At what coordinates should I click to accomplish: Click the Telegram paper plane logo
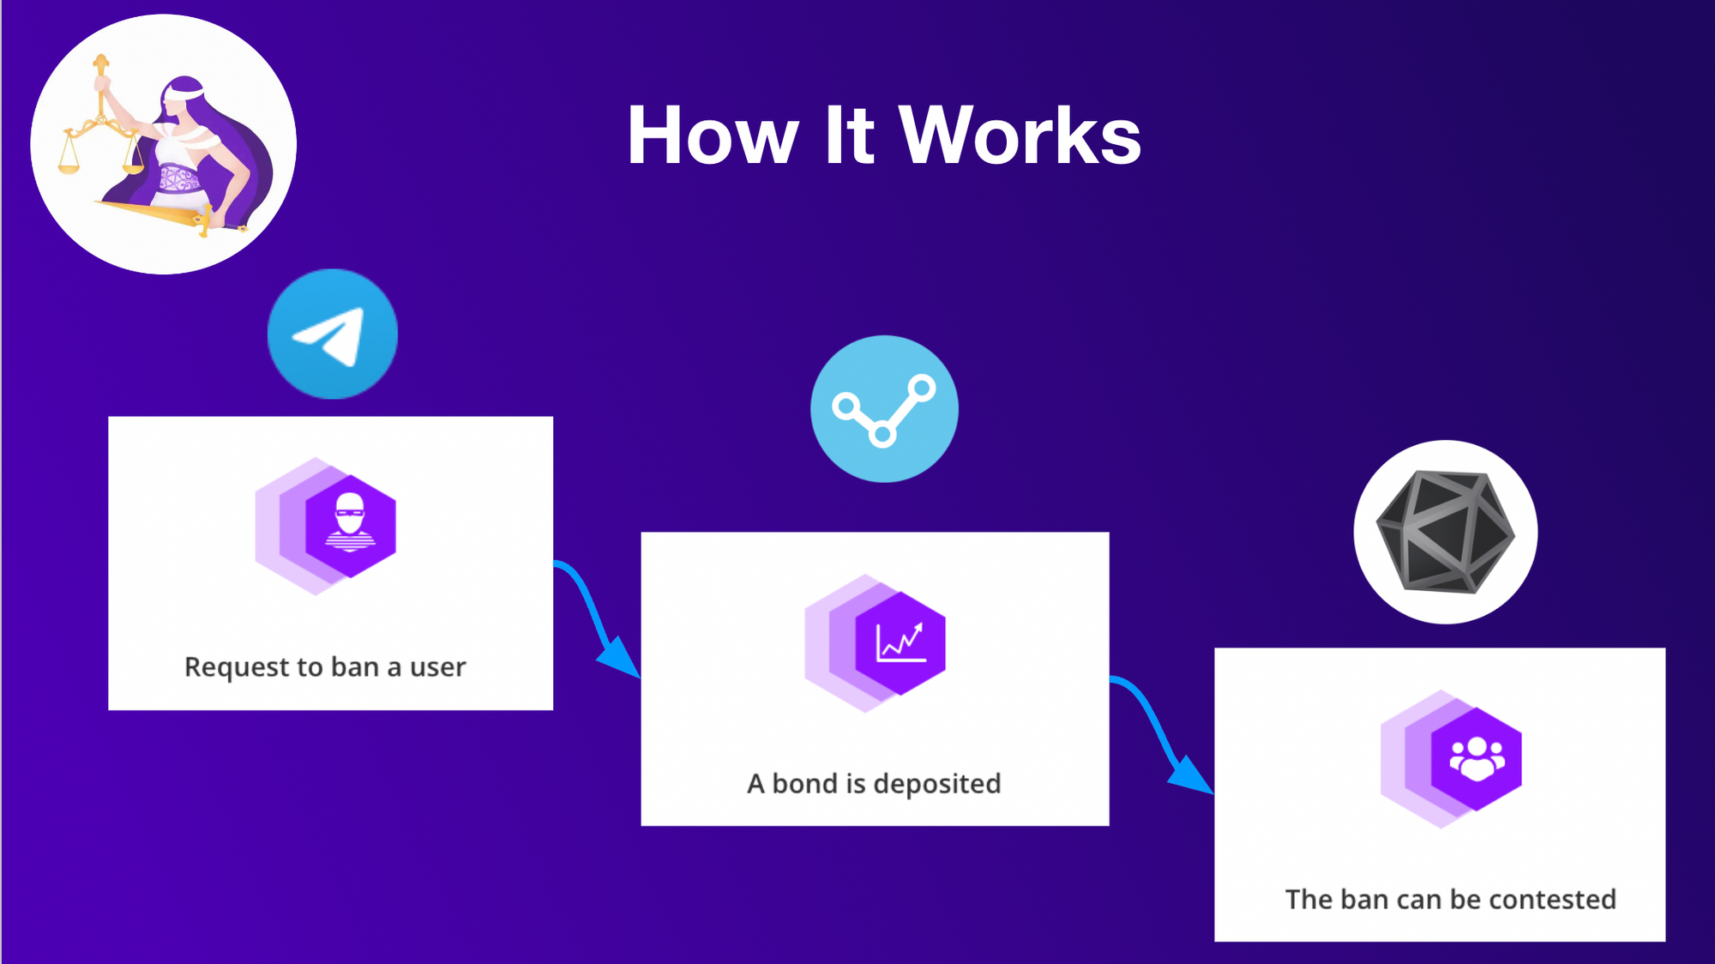point(333,334)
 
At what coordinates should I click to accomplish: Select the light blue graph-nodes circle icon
point(884,409)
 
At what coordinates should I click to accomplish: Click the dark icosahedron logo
point(1446,532)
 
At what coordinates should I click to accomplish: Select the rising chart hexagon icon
point(900,642)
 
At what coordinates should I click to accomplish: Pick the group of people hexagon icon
point(1476,758)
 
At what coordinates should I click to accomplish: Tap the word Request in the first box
point(237,667)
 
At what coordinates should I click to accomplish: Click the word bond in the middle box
point(806,783)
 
